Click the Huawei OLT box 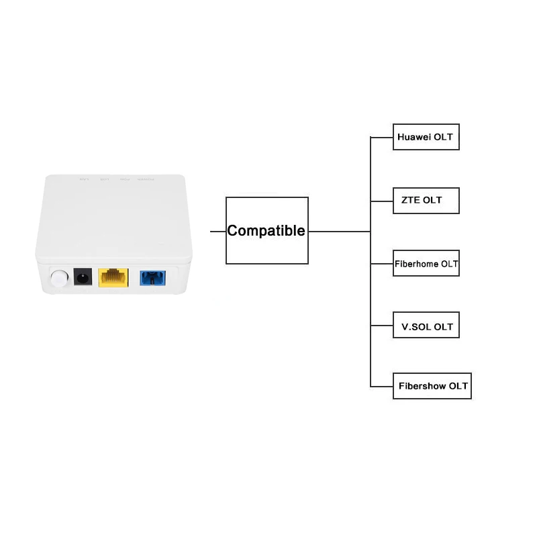click(426, 137)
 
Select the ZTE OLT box click(426, 200)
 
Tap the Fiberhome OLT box click(426, 263)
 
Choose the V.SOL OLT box click(426, 327)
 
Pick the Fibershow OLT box click(432, 386)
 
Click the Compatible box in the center click(266, 231)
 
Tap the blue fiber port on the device click(151, 277)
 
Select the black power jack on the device click(83, 277)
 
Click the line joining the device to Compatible click(217, 231)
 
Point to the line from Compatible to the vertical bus click(339, 231)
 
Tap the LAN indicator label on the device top click(83, 179)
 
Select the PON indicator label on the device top click(126, 179)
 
